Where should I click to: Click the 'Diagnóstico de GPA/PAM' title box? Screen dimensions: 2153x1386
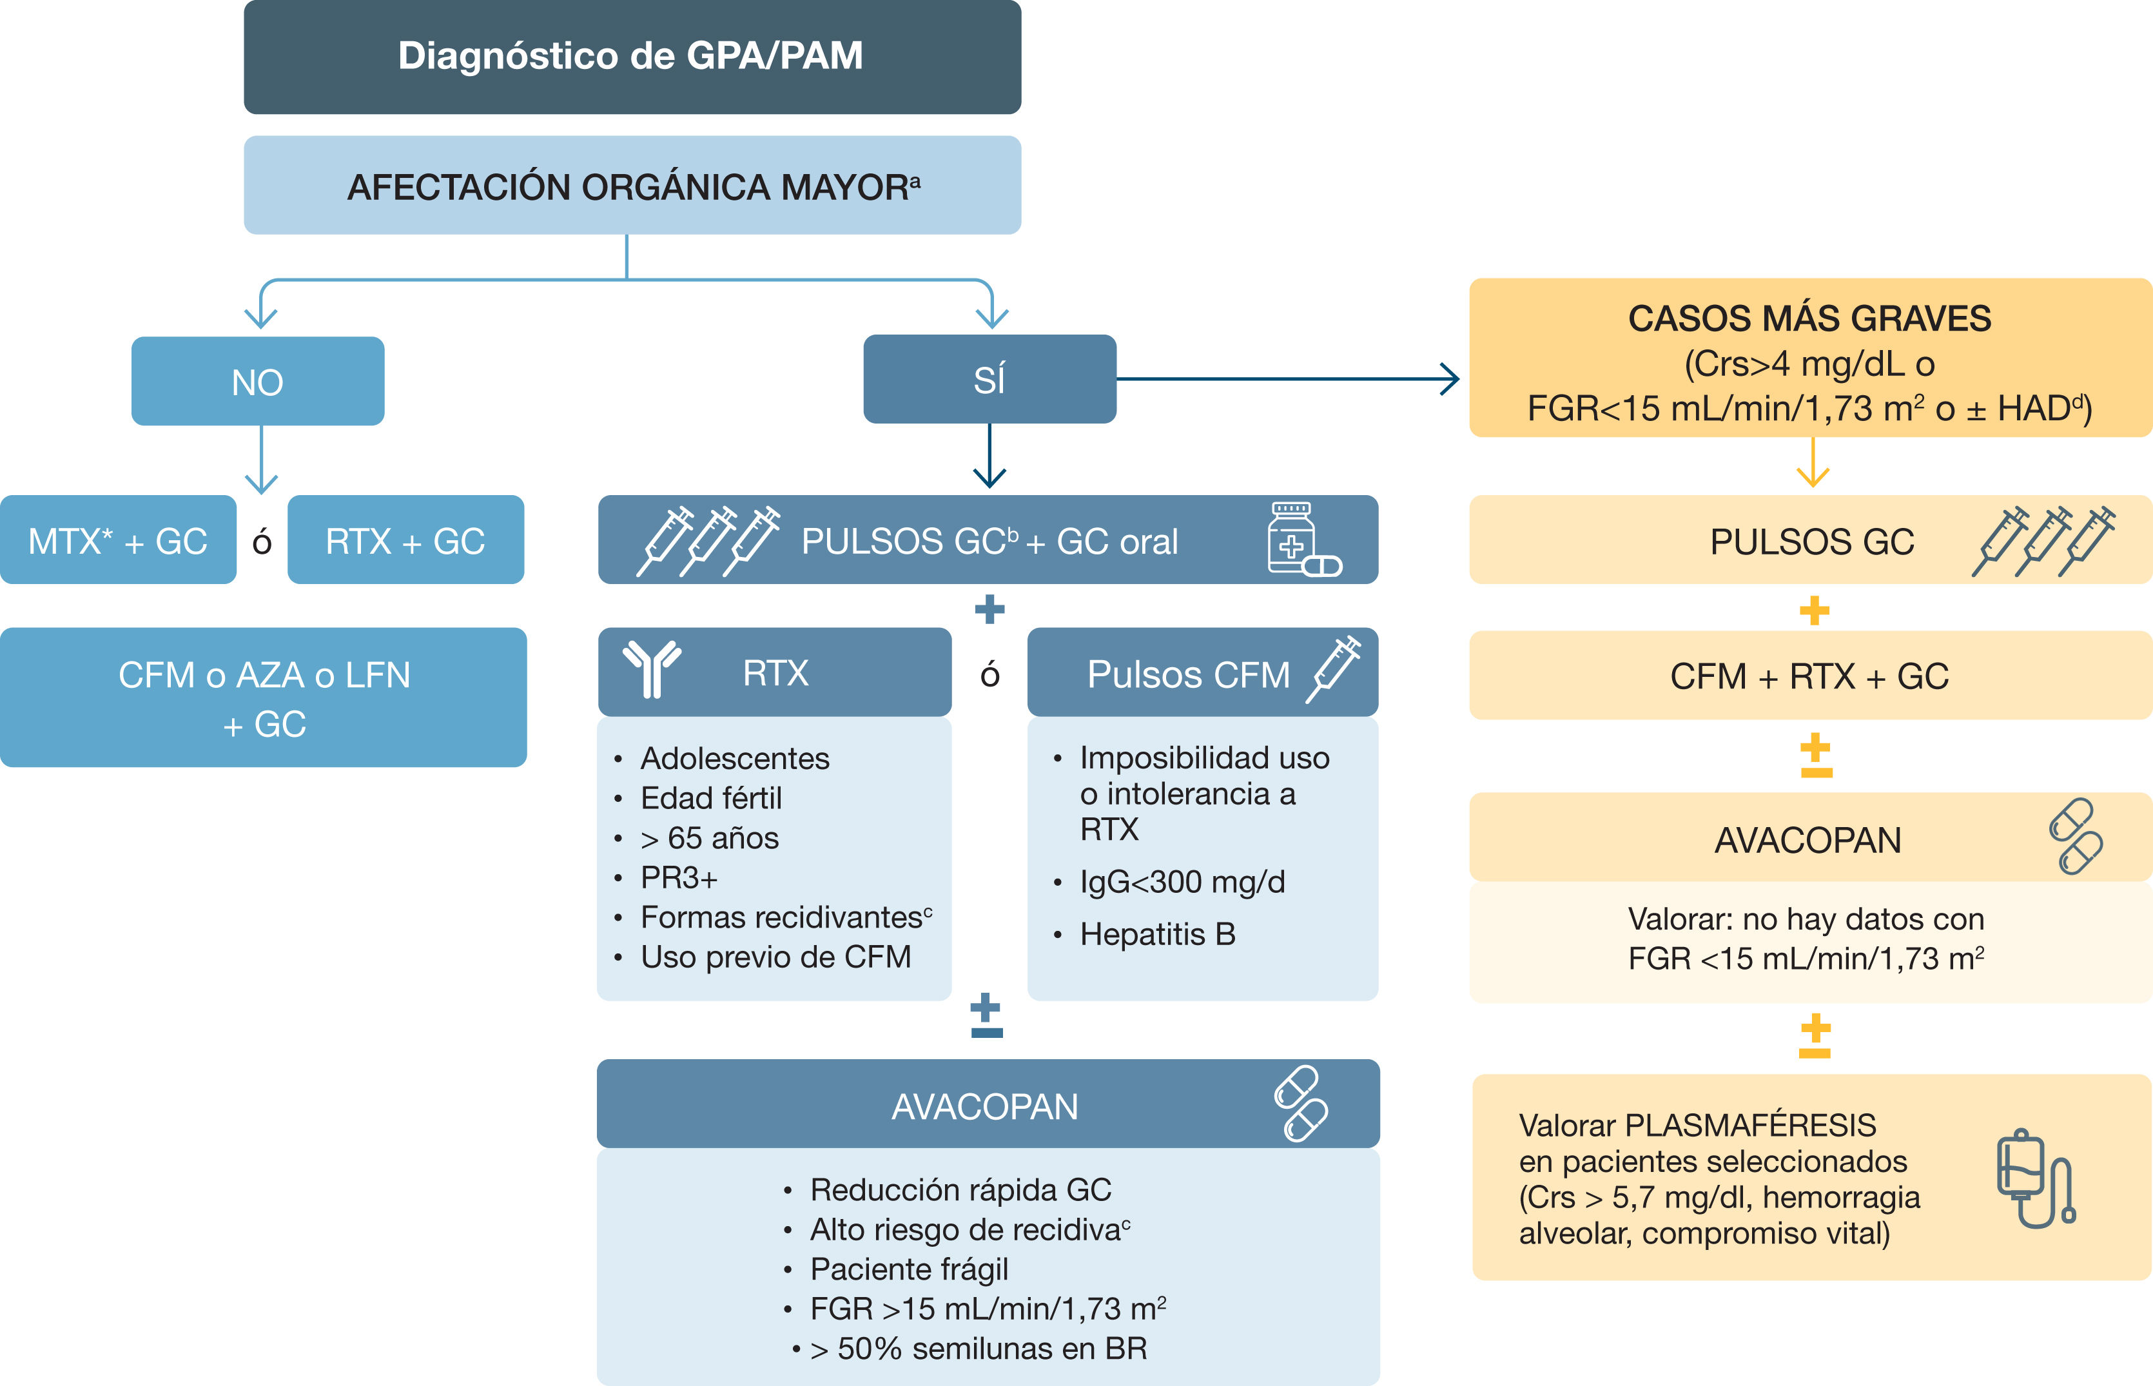(x=632, y=57)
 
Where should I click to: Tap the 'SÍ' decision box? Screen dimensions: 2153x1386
(x=989, y=379)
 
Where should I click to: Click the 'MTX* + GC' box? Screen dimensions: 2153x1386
(x=118, y=540)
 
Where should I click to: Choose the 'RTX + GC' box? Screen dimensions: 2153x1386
(x=405, y=540)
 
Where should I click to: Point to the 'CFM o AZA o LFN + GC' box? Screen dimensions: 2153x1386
(x=264, y=698)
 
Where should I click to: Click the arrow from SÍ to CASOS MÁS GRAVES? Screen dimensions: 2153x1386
(x=1287, y=379)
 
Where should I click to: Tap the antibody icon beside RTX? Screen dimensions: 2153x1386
(x=652, y=669)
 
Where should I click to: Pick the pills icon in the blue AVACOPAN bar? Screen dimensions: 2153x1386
(x=1300, y=1104)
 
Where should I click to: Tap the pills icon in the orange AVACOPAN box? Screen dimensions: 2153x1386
(x=2076, y=836)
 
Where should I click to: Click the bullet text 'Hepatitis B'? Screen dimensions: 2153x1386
(x=1157, y=934)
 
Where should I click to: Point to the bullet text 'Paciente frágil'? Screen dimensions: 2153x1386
(x=909, y=1269)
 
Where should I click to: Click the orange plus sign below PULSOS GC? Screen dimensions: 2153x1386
(x=1814, y=611)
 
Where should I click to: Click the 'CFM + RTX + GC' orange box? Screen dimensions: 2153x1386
(x=1810, y=676)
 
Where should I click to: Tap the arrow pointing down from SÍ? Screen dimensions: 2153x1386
(x=989, y=455)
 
